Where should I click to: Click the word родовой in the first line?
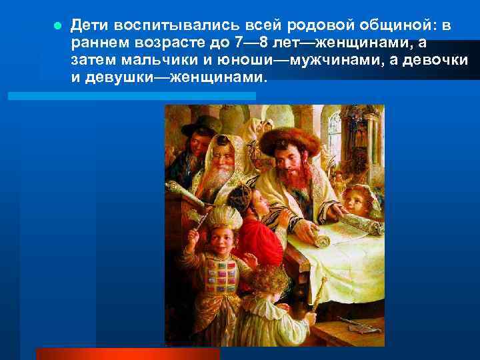[313, 26]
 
